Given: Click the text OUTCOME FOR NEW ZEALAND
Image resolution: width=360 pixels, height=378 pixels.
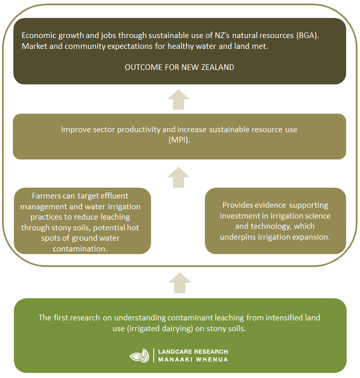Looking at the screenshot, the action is point(179,67).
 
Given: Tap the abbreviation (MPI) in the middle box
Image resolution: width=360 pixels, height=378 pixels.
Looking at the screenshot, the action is point(179,140).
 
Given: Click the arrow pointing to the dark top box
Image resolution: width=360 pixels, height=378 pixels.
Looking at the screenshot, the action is point(178,99).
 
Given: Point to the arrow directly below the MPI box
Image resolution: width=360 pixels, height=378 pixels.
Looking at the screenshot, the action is point(178,177).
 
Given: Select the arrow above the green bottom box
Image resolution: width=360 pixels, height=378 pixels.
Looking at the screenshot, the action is point(180,283).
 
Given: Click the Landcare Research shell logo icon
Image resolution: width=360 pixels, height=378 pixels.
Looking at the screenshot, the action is point(140,355).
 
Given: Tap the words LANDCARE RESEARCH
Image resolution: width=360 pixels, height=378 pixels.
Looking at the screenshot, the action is point(193,352).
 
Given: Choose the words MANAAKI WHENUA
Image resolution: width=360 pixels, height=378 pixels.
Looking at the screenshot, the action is point(193,360).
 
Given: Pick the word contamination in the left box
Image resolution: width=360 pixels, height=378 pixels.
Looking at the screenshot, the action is point(80,248).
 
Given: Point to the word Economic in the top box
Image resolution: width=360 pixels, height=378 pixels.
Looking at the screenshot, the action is point(39,35).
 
